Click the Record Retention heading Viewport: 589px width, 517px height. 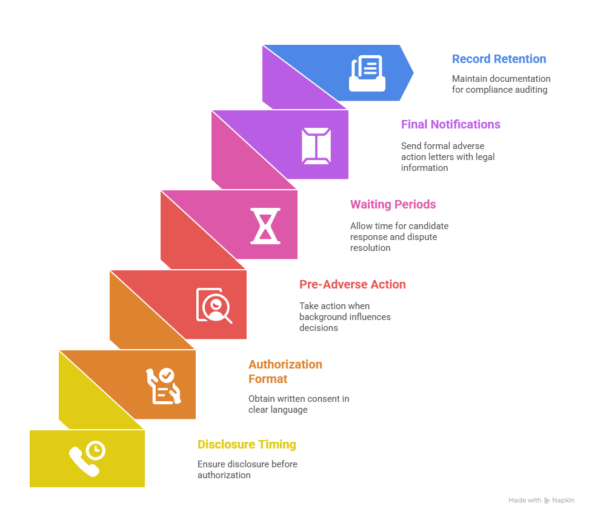(499, 59)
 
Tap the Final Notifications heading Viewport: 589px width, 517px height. (450, 124)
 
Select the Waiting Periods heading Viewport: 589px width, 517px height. (393, 204)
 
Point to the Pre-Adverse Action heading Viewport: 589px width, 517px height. (352, 284)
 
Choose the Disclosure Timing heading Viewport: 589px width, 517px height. (247, 444)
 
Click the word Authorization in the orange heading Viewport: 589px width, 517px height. (285, 364)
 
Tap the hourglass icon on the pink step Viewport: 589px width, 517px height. (265, 226)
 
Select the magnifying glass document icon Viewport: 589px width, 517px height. (214, 305)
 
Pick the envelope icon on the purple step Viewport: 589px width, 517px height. (316, 146)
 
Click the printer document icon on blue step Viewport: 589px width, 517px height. (367, 73)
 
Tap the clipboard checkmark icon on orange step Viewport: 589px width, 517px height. (164, 386)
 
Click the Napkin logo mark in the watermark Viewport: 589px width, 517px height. (547, 501)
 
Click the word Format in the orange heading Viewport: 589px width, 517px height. (267, 379)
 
